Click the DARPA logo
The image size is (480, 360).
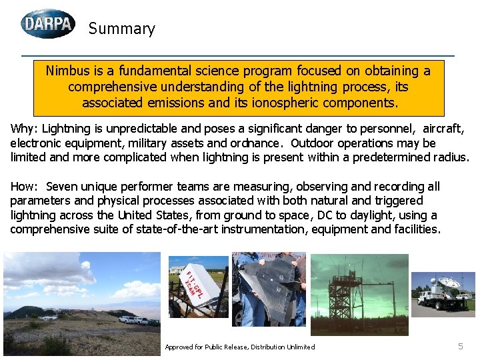[x=48, y=24]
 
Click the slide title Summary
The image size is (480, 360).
[x=121, y=29]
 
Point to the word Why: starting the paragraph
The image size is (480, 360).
[x=23, y=129]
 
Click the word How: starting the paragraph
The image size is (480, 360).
[x=24, y=187]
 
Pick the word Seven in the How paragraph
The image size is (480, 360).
[x=62, y=187]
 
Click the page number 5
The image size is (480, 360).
[x=460, y=346]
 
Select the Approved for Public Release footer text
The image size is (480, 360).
[x=239, y=347]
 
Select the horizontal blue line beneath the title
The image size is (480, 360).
[x=237, y=55]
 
